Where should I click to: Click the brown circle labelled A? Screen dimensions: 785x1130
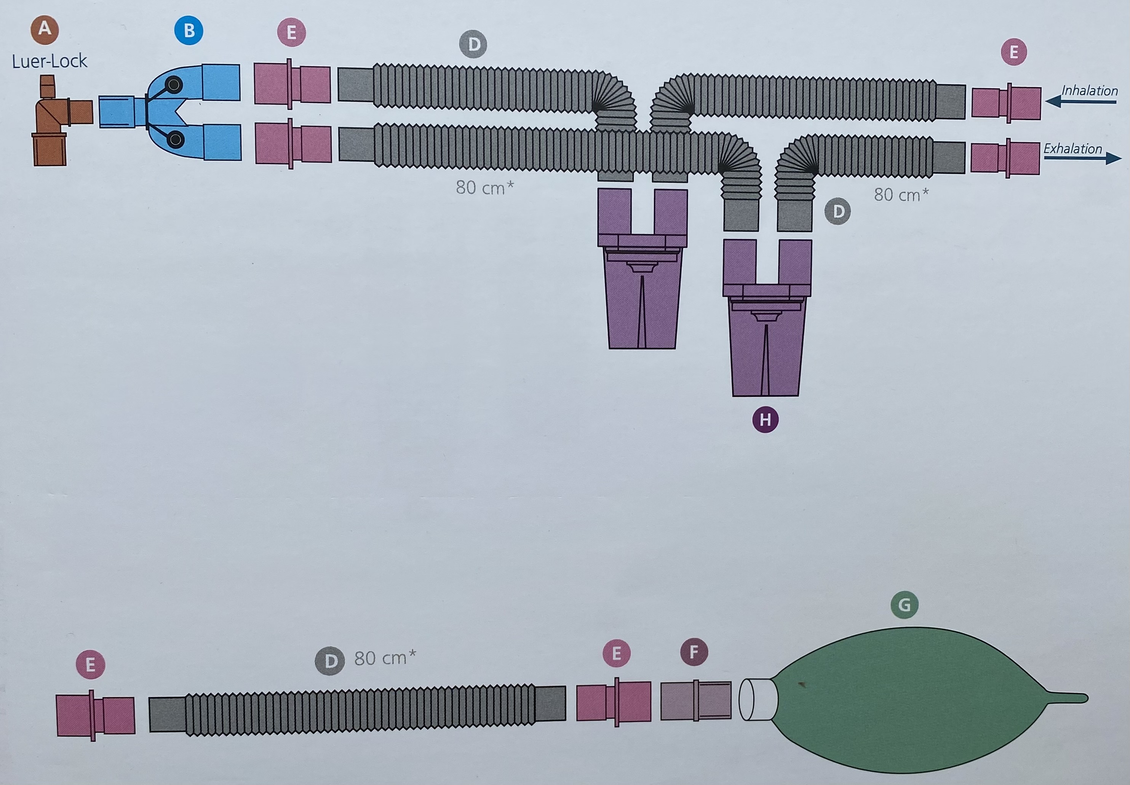pos(45,29)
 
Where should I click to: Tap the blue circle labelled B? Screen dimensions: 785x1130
pos(189,30)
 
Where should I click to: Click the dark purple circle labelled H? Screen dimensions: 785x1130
pos(765,420)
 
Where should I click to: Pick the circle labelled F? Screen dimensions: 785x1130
pos(694,652)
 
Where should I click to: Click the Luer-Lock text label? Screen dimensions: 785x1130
pos(49,61)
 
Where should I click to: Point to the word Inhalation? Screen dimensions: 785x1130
pos(1089,91)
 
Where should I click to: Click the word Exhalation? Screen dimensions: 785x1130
pos(1072,149)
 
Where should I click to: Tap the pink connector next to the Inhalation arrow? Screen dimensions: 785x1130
pos(1006,103)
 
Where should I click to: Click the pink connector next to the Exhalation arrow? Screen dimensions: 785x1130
pos(1005,158)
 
